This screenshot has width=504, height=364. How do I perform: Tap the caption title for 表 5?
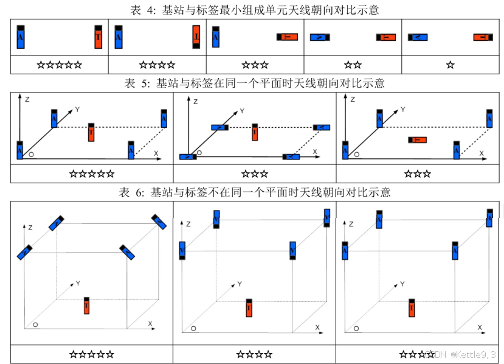click(255, 83)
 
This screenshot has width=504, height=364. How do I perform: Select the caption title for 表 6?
click(255, 192)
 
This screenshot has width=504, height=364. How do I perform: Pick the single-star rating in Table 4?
click(450, 64)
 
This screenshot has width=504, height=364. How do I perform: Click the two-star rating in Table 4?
click(353, 64)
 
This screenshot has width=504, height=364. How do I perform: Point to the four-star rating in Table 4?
click(157, 64)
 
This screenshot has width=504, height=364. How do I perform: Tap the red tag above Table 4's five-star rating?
click(98, 37)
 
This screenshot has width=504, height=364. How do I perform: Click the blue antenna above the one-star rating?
click(417, 38)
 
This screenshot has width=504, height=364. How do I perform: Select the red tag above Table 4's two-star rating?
click(386, 38)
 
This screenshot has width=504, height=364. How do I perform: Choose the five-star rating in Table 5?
click(92, 173)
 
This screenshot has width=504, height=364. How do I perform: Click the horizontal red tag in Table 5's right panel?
click(417, 140)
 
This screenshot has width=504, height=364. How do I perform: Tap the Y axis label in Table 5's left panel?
click(78, 110)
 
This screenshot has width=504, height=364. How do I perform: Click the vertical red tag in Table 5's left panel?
click(91, 131)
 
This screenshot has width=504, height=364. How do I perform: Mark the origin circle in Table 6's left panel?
click(36, 325)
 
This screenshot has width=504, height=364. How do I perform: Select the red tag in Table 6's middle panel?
click(249, 308)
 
